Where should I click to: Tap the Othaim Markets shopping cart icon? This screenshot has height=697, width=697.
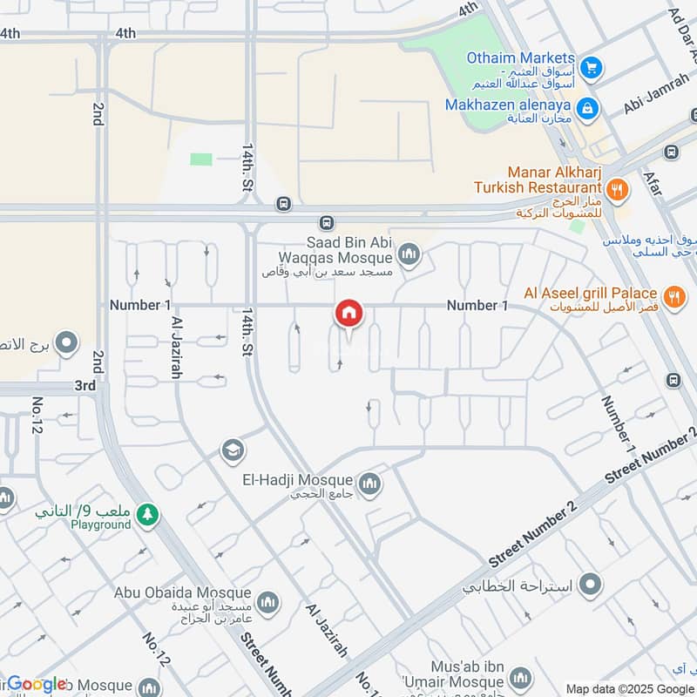592,66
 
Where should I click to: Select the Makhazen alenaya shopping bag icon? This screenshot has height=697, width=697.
588,107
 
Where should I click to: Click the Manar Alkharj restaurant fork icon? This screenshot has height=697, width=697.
617,187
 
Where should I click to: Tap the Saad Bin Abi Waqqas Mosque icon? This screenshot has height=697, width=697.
408,255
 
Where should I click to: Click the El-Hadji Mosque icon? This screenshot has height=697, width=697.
369,483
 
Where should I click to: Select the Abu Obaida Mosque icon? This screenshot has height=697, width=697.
268,601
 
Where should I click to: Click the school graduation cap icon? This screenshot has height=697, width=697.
232,450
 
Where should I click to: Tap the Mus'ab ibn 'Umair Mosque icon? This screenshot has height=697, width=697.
520,678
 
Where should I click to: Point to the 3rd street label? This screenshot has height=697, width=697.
85,385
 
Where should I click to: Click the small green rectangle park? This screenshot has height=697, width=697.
201,159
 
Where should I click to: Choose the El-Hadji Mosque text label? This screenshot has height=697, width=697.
298,480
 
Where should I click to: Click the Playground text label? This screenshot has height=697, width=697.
100,524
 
